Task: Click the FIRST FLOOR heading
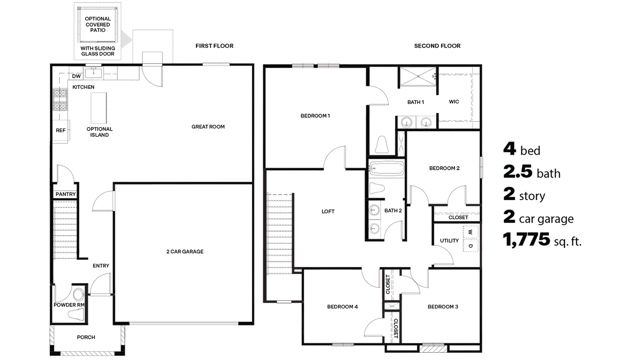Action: (214, 46)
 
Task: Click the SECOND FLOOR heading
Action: (437, 46)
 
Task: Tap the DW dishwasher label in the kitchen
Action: (77, 76)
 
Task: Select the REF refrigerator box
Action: (61, 131)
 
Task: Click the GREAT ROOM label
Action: (208, 127)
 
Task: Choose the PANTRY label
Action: (65, 194)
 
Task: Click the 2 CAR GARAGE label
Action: (185, 251)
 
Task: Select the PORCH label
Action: (86, 337)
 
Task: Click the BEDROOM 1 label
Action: (315, 116)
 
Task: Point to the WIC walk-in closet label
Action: (453, 102)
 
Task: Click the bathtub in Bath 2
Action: (386, 169)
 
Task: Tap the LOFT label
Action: (328, 211)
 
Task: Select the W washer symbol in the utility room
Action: (470, 232)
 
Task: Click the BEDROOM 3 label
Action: (443, 307)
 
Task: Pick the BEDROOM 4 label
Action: (342, 307)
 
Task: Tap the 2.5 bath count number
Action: (517, 172)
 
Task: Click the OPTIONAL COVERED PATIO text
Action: (98, 24)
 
